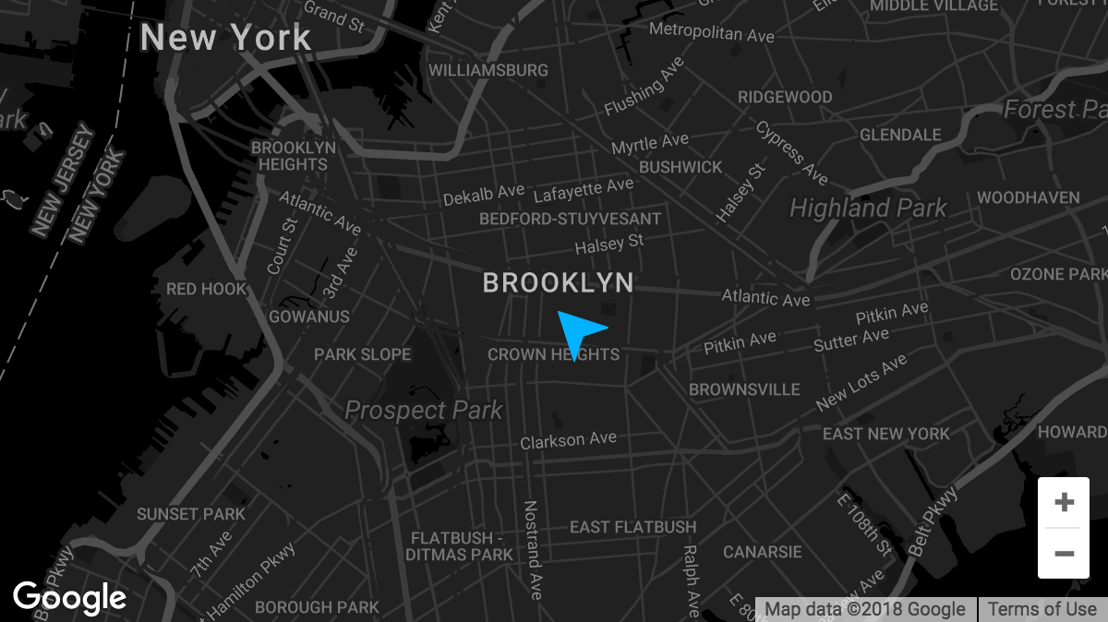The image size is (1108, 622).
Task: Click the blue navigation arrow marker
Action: pyautogui.click(x=578, y=332)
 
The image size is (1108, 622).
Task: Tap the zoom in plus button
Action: pyautogui.click(x=1064, y=503)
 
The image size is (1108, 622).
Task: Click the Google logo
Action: pyautogui.click(x=70, y=599)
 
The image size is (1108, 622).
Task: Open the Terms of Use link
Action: pyautogui.click(x=1042, y=609)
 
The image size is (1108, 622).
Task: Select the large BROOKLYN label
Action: pyautogui.click(x=559, y=283)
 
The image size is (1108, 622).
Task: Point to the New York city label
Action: pyautogui.click(x=226, y=38)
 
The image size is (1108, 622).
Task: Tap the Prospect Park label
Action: pyautogui.click(x=424, y=410)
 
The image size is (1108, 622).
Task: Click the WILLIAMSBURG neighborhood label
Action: pyautogui.click(x=488, y=70)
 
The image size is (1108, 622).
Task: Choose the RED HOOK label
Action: pyautogui.click(x=207, y=289)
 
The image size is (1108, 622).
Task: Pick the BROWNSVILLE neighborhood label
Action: pyautogui.click(x=744, y=389)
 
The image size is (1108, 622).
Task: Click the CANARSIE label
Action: pyautogui.click(x=763, y=552)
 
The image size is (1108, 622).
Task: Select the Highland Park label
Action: pyautogui.click(x=868, y=209)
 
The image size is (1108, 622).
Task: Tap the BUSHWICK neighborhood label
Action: pyautogui.click(x=680, y=167)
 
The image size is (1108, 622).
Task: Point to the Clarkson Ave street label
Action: pyautogui.click(x=568, y=441)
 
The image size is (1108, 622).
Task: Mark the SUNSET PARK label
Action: pyautogui.click(x=191, y=514)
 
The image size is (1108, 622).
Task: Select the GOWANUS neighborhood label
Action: pyautogui.click(x=309, y=317)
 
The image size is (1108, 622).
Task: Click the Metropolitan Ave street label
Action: pyautogui.click(x=711, y=32)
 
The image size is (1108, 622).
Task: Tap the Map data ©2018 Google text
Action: pyautogui.click(x=865, y=609)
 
